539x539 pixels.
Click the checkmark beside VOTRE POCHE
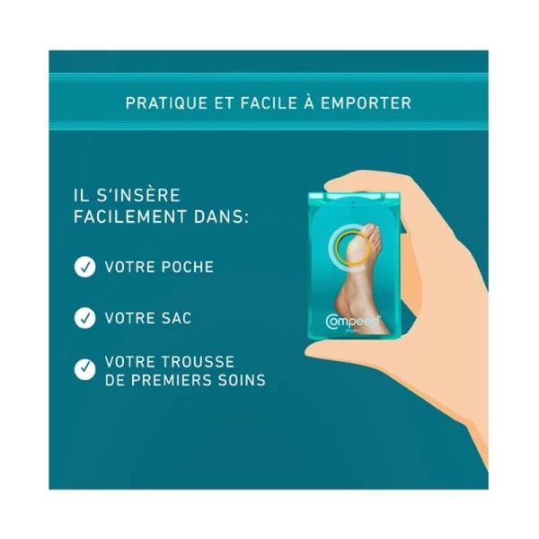[x=84, y=267]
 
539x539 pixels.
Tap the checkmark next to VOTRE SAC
[x=84, y=318]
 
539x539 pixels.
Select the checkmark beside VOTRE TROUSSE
[x=84, y=369]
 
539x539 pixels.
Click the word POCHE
[x=188, y=267]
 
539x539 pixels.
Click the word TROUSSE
[x=198, y=362]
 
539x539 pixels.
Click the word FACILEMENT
[x=130, y=216]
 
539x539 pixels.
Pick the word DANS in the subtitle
[x=221, y=216]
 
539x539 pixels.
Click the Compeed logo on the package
[x=352, y=321]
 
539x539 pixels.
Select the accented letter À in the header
[x=309, y=102]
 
